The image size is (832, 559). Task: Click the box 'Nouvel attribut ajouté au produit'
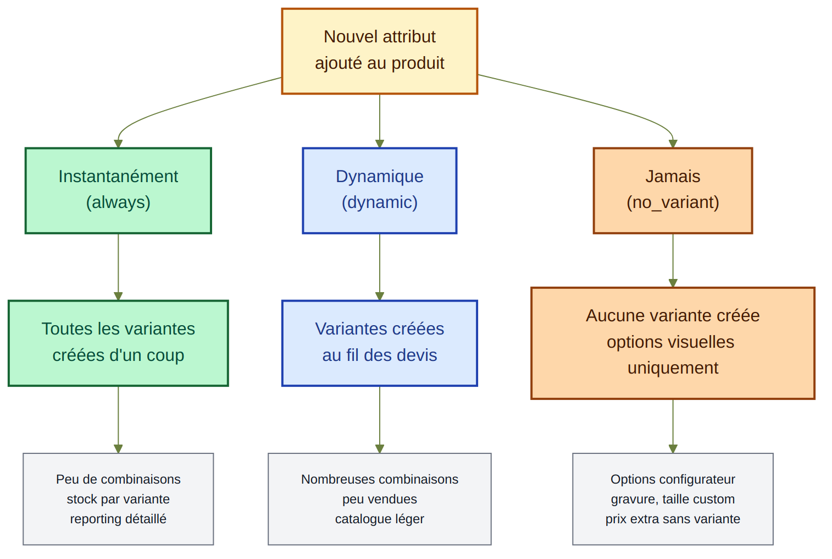pyautogui.click(x=379, y=51)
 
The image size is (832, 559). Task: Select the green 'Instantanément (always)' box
pyautogui.click(x=118, y=190)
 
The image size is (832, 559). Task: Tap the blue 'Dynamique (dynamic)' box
pyautogui.click(x=379, y=190)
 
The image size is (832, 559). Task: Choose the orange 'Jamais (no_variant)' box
pyautogui.click(x=673, y=190)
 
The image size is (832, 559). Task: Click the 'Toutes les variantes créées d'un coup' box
pyautogui.click(x=118, y=343)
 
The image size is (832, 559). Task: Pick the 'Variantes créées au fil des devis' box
pyautogui.click(x=379, y=343)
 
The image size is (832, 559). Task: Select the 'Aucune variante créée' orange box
pyautogui.click(x=673, y=343)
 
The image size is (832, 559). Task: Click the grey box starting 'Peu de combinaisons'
pyautogui.click(x=118, y=498)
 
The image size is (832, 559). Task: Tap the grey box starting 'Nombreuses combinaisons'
pyautogui.click(x=379, y=498)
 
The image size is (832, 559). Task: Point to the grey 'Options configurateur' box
pyautogui.click(x=673, y=498)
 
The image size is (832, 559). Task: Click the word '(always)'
pyautogui.click(x=118, y=202)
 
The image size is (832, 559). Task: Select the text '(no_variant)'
pyautogui.click(x=673, y=202)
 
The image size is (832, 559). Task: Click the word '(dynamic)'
pyautogui.click(x=379, y=202)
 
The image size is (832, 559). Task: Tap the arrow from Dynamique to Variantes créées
pyautogui.click(x=379, y=267)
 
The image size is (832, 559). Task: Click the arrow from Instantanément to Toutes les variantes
pyautogui.click(x=118, y=267)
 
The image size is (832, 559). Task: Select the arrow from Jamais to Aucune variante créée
pyautogui.click(x=673, y=260)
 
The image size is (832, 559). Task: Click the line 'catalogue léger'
pyautogui.click(x=379, y=519)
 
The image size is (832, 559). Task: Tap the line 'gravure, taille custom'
pyautogui.click(x=673, y=499)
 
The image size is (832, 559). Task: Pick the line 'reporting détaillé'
pyautogui.click(x=118, y=519)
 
